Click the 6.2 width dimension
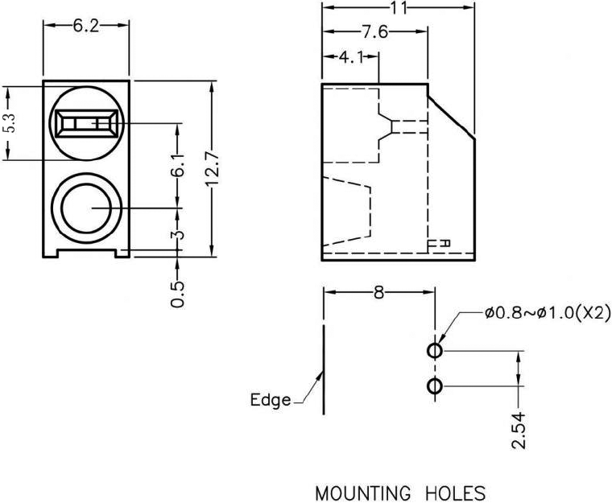(85, 26)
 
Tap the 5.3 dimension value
(9, 124)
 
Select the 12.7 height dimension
(213, 170)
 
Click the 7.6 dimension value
(374, 32)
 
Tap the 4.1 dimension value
(352, 57)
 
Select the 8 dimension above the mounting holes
(378, 293)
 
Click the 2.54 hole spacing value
(519, 431)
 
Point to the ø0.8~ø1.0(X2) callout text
(544, 313)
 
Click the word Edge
(271, 400)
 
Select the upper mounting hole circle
(435, 351)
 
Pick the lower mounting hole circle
(435, 387)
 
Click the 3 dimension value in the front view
(179, 235)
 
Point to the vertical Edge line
(324, 370)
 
